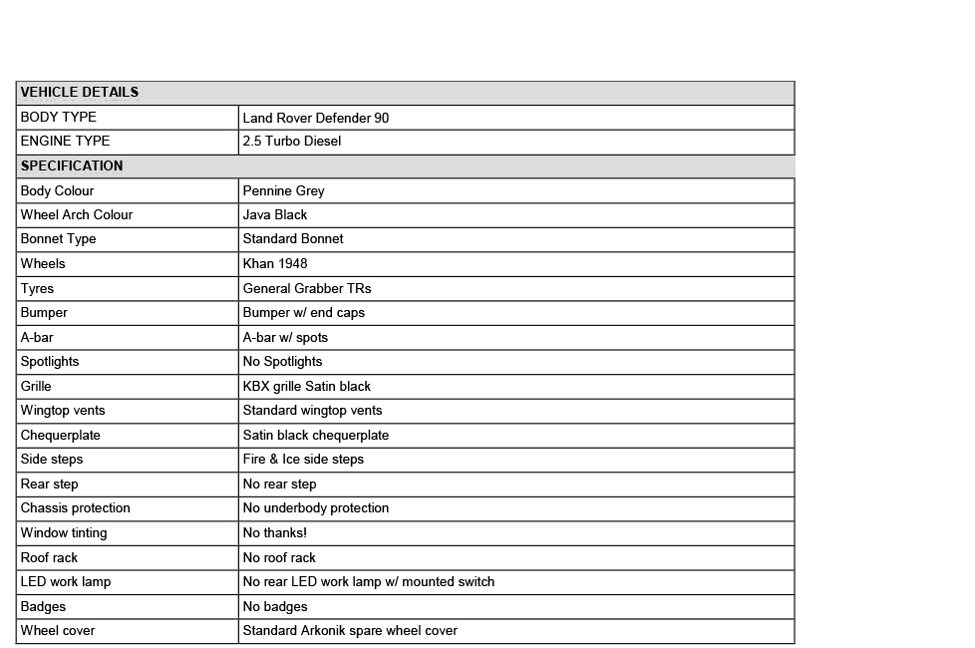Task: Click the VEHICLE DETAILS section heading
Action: tap(80, 93)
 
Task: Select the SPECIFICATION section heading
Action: tap(72, 166)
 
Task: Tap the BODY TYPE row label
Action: tap(59, 118)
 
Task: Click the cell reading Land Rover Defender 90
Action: tap(316, 118)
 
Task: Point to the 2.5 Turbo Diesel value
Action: tap(292, 142)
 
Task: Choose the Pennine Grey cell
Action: tap(284, 190)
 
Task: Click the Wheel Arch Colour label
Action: tap(77, 215)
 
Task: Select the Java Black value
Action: tap(275, 215)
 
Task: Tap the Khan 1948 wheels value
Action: tap(275, 264)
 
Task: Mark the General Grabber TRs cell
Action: tap(307, 288)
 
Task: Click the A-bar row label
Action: tap(37, 337)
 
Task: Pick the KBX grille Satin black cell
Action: tap(307, 386)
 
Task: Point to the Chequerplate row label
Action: tap(61, 435)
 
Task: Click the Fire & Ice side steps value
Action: tap(303, 460)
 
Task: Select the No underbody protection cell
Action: tap(316, 508)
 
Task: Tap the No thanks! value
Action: tap(275, 533)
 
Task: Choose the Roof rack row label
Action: tap(49, 557)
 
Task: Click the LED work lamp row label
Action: tap(66, 582)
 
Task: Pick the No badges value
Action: tap(275, 606)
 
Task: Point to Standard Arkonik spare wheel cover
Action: tap(350, 631)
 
